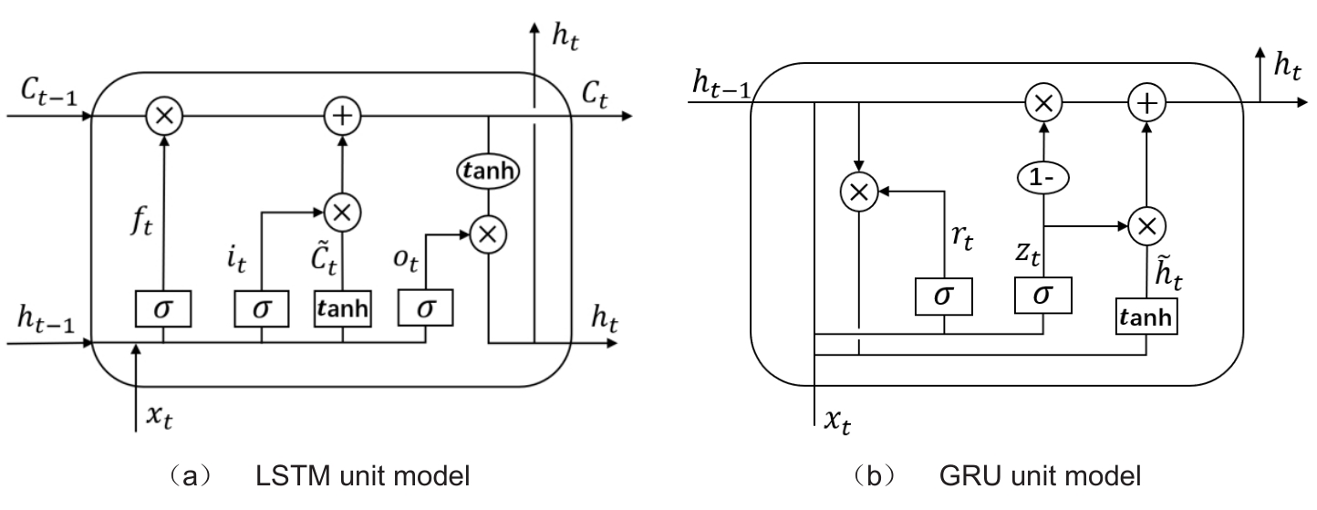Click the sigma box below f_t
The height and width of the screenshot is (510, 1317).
(x=164, y=309)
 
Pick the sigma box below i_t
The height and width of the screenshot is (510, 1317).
(x=262, y=309)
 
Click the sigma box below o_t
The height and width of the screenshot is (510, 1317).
(x=425, y=309)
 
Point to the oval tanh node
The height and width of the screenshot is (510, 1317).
(x=488, y=171)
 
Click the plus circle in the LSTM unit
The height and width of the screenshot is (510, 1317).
(x=343, y=116)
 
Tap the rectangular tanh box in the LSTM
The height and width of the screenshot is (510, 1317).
(x=343, y=309)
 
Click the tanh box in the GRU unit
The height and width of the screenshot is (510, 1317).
(x=1145, y=318)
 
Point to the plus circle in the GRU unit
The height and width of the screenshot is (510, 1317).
(x=1146, y=102)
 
